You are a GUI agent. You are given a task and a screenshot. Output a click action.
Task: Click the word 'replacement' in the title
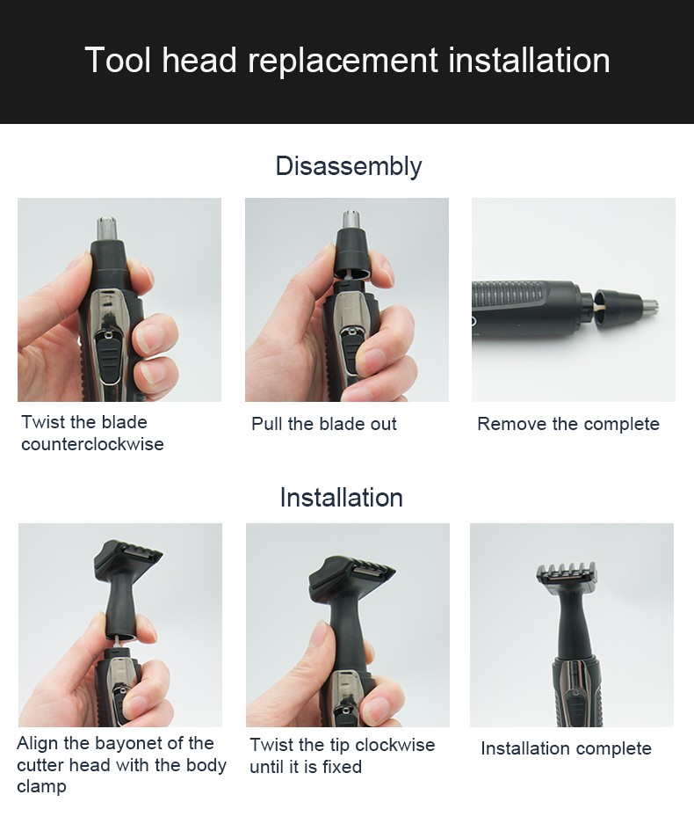(343, 62)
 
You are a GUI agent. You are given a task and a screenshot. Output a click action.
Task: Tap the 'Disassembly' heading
(348, 166)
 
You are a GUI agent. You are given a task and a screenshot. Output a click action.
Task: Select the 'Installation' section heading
(341, 498)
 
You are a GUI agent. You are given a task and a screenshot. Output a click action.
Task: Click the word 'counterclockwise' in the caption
(92, 444)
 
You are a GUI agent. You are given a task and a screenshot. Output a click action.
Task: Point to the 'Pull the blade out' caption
(323, 424)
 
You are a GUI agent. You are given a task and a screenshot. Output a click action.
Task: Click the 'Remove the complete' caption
(567, 424)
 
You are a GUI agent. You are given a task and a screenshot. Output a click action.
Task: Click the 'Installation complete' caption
(566, 748)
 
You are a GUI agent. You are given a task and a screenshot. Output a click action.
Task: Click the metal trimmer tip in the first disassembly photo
(110, 228)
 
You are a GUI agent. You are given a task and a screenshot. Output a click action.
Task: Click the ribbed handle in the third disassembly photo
(518, 300)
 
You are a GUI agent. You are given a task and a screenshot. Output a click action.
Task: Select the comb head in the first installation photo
(127, 559)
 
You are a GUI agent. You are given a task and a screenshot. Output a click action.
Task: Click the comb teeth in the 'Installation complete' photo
(566, 572)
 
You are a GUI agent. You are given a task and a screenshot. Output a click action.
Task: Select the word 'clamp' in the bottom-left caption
(41, 786)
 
